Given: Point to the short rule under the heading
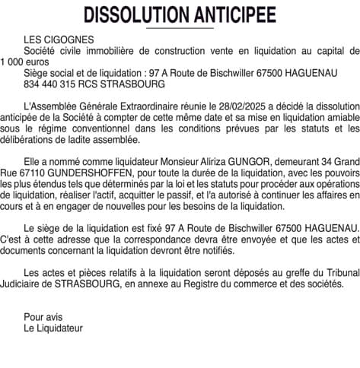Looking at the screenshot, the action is click(x=180, y=29).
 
